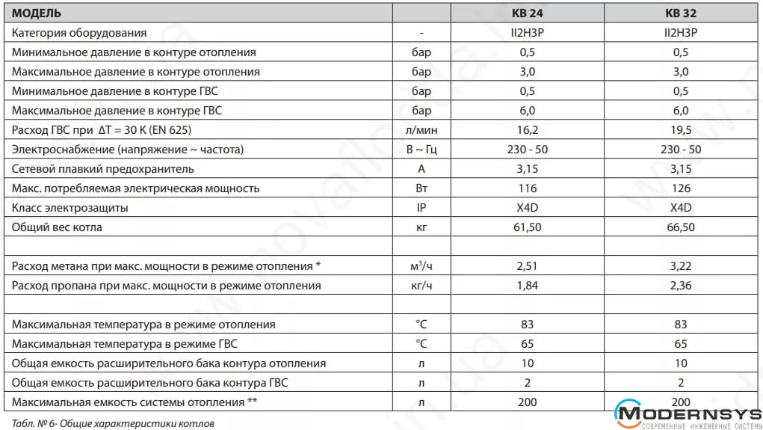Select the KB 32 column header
[680, 13]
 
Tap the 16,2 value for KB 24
[528, 130]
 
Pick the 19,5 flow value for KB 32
[681, 130]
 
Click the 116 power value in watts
[528, 188]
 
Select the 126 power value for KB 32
[681, 188]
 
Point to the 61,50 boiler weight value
[528, 227]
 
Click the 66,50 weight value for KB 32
[681, 227]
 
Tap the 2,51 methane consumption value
[528, 266]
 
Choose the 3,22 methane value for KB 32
[681, 266]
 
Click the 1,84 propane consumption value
[528, 286]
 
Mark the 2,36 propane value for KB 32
[681, 286]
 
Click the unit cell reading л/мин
[421, 130]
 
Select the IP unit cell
[421, 208]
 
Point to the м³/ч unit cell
[421, 266]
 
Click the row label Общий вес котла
[58, 227]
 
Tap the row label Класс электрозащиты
[70, 208]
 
